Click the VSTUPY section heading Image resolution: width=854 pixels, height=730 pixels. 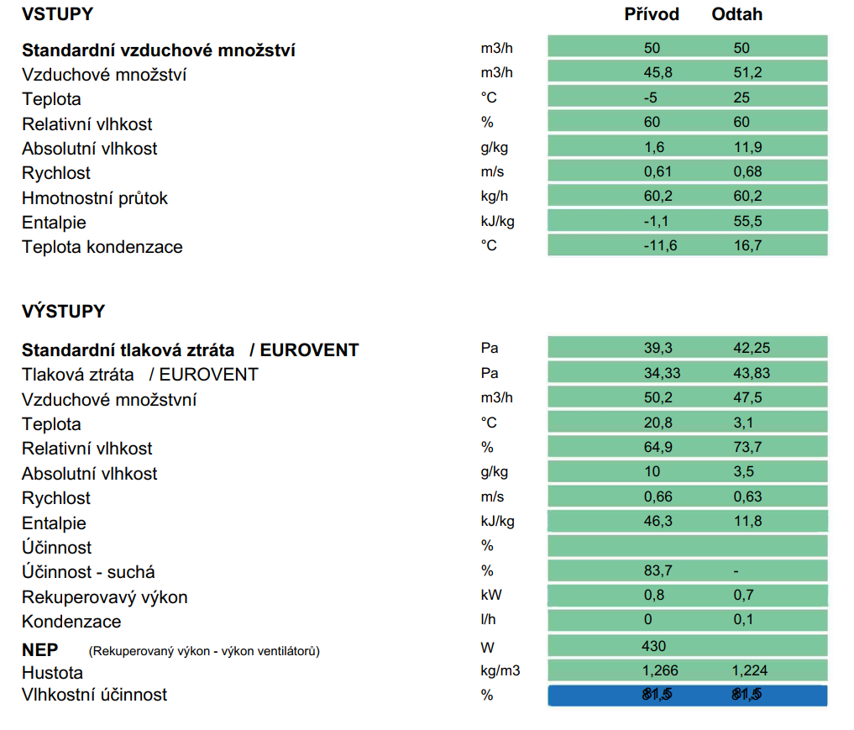click(57, 14)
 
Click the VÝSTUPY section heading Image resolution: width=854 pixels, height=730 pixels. click(63, 311)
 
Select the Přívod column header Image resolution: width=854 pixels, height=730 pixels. click(652, 14)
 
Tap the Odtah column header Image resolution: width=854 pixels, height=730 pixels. click(737, 14)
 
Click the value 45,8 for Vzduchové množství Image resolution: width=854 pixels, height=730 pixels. click(658, 72)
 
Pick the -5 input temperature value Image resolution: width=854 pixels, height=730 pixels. click(650, 97)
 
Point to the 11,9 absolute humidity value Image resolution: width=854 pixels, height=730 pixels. click(747, 147)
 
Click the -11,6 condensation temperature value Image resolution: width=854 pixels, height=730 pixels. click(660, 245)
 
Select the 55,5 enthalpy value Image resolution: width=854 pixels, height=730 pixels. click(747, 221)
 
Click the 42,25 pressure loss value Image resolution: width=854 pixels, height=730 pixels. click(752, 348)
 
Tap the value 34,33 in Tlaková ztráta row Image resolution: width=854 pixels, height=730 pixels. click(663, 373)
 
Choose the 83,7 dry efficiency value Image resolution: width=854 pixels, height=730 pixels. click(658, 571)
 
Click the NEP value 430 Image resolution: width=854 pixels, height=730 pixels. click(653, 646)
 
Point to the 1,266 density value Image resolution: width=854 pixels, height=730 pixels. click(659, 670)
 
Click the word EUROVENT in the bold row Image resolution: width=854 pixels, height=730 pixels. click(309, 350)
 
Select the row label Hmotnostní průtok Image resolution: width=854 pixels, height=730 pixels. click(95, 198)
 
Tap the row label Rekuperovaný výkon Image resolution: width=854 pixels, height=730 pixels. click(105, 597)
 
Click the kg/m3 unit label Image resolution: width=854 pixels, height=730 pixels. click(500, 671)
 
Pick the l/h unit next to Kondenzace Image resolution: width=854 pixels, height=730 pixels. click(488, 619)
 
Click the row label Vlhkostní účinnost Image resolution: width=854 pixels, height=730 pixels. click(94, 695)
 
